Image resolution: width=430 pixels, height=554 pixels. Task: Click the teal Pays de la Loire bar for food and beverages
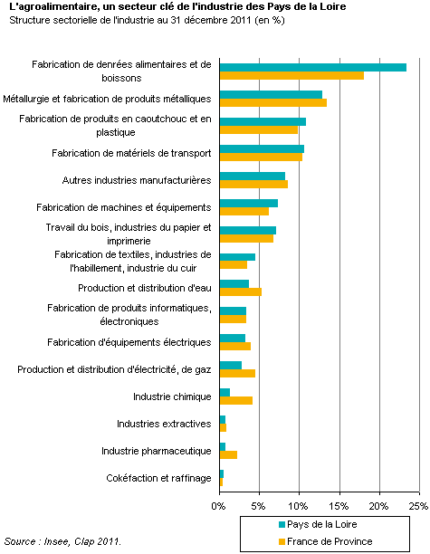tap(313, 68)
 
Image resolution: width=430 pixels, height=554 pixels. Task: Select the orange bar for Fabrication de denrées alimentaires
tap(291, 76)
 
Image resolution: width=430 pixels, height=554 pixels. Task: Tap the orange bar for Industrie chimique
tap(236, 401)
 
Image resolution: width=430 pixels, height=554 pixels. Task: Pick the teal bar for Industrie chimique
tap(225, 393)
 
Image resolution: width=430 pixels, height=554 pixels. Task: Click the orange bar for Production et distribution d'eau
tap(241, 291)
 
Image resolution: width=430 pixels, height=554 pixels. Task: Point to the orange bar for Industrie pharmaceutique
tap(228, 454)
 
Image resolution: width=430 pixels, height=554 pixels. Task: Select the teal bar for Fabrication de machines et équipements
tap(249, 203)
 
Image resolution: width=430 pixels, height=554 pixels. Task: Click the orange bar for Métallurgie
tap(273, 103)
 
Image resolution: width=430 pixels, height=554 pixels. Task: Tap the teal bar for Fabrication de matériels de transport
tap(262, 149)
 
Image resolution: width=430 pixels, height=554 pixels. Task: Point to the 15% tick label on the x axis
tap(339, 506)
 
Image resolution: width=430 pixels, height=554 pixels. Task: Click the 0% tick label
tap(218, 506)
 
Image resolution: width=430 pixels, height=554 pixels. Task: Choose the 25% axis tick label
tap(418, 506)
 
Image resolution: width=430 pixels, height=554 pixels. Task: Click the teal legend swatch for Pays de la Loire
tap(282, 525)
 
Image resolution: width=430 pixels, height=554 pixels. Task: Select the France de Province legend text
tap(330, 541)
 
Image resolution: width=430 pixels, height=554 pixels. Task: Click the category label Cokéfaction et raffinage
tap(158, 478)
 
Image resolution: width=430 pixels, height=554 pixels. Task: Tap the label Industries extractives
tap(164, 424)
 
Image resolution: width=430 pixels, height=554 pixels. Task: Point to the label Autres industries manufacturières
tap(137, 180)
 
